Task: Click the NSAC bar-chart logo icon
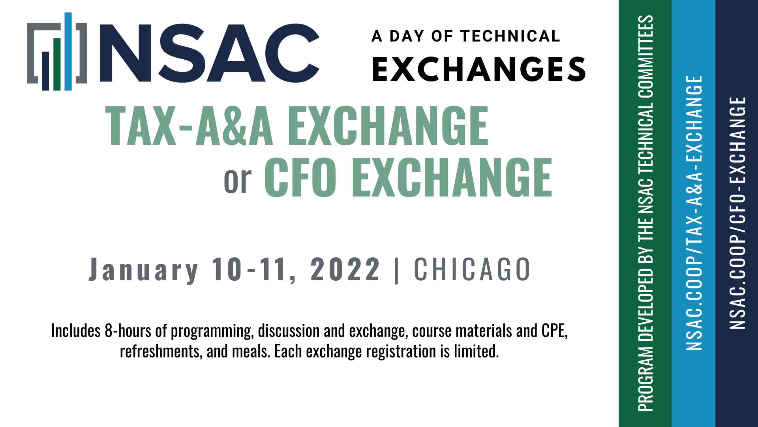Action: coord(57,51)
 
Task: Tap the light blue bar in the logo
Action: coord(68,51)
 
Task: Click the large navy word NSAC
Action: coord(210,53)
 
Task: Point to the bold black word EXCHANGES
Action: coord(479,69)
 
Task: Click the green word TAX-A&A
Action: coord(189,126)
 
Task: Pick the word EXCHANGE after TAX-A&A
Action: coord(388,126)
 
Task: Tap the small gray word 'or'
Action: coord(238,180)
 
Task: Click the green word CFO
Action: coord(300,177)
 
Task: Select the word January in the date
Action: coord(144,270)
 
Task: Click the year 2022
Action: coord(345,269)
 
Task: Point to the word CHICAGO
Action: coord(472,269)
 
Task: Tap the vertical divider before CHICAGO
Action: coord(397,270)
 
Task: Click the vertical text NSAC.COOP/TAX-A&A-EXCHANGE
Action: coord(694,213)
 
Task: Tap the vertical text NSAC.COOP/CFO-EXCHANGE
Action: coord(737,213)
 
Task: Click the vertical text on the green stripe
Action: coord(645,213)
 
